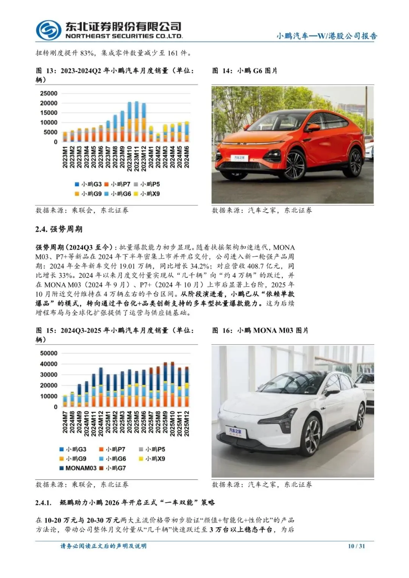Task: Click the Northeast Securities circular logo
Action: [48, 30]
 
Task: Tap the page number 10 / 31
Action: [356, 546]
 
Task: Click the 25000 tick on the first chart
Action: [48, 93]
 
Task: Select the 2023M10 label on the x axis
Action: [129, 157]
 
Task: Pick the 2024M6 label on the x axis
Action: [186, 157]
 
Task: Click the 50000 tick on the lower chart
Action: [48, 353]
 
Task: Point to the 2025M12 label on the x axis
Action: [186, 423]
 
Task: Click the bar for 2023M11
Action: [136, 122]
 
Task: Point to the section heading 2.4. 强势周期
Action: [59, 229]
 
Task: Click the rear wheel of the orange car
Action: [355, 162]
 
